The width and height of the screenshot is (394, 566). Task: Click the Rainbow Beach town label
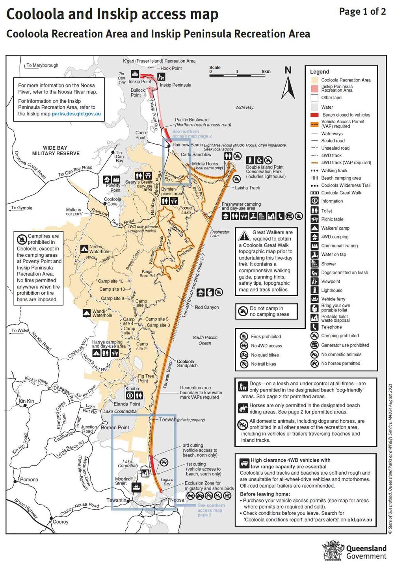(x=188, y=145)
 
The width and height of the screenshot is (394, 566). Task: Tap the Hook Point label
(x=171, y=68)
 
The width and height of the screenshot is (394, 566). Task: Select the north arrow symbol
(x=288, y=84)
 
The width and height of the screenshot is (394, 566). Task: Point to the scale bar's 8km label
(x=266, y=71)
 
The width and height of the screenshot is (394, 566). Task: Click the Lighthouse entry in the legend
(x=331, y=290)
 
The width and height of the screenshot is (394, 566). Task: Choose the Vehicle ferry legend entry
(x=333, y=299)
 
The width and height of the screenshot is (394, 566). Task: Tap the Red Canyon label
(x=206, y=307)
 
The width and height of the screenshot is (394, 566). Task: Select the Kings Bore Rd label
(x=148, y=273)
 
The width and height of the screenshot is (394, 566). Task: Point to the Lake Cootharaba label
(x=120, y=411)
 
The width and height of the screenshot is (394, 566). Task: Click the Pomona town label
(x=29, y=479)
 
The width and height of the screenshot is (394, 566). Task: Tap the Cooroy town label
(x=61, y=521)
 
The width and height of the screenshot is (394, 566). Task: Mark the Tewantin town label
(x=117, y=500)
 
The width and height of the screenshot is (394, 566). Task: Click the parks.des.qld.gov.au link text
(x=76, y=114)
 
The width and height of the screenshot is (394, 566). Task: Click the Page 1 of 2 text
(x=362, y=12)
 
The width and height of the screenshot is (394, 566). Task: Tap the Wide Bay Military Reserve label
(x=56, y=150)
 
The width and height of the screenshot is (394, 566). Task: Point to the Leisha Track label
(x=247, y=188)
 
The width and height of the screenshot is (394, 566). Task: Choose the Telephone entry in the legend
(x=331, y=327)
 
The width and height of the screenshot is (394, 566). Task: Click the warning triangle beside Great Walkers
(x=245, y=236)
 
